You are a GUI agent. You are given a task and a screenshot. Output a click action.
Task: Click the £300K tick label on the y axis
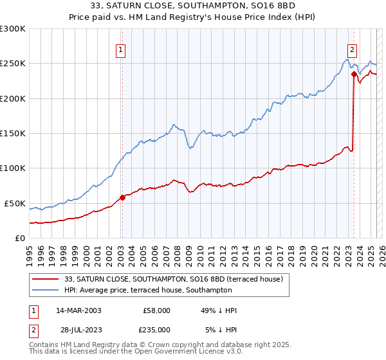(13, 29)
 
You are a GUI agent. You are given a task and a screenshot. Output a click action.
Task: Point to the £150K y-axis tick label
(13, 134)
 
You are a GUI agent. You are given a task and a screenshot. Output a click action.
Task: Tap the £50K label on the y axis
(15, 203)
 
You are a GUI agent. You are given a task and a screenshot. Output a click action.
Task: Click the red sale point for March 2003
(122, 197)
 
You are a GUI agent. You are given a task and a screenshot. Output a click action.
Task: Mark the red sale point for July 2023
(354, 74)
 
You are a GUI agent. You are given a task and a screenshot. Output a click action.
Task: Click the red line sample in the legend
(46, 279)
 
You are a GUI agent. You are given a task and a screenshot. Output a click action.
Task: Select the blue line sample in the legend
(46, 291)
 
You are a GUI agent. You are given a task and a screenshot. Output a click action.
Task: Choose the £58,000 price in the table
(156, 310)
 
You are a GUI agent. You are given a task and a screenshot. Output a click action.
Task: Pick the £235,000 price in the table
(156, 329)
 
